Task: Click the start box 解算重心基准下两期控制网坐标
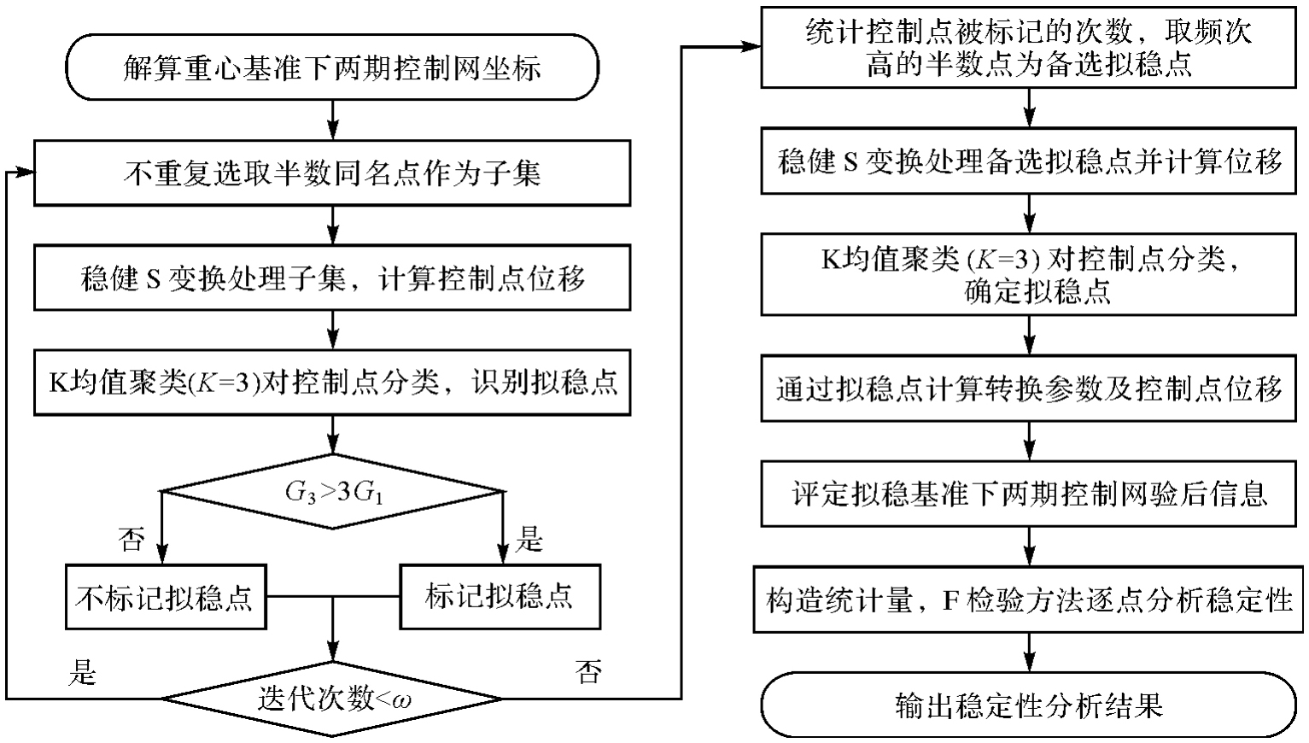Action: (331, 67)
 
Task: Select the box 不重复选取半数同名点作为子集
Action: (331, 174)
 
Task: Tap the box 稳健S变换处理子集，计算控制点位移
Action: (331, 279)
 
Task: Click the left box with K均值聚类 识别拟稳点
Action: (331, 382)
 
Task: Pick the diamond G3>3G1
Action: (331, 492)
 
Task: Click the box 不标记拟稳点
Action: (165, 596)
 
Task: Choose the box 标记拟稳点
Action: (499, 596)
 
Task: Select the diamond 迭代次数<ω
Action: (331, 699)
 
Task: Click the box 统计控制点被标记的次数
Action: (1029, 48)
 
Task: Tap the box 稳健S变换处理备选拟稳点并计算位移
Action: (1029, 161)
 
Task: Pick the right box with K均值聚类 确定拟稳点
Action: (1029, 275)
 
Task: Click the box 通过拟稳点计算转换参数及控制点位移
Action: (1029, 389)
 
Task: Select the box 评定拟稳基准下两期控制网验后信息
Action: (1029, 494)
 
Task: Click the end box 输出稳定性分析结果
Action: (1029, 705)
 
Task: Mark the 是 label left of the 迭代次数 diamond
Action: (82, 672)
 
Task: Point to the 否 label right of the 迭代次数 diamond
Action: (589, 672)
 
